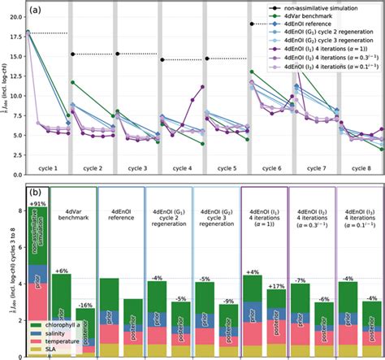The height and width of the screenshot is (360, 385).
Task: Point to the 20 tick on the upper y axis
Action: (19, 15)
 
